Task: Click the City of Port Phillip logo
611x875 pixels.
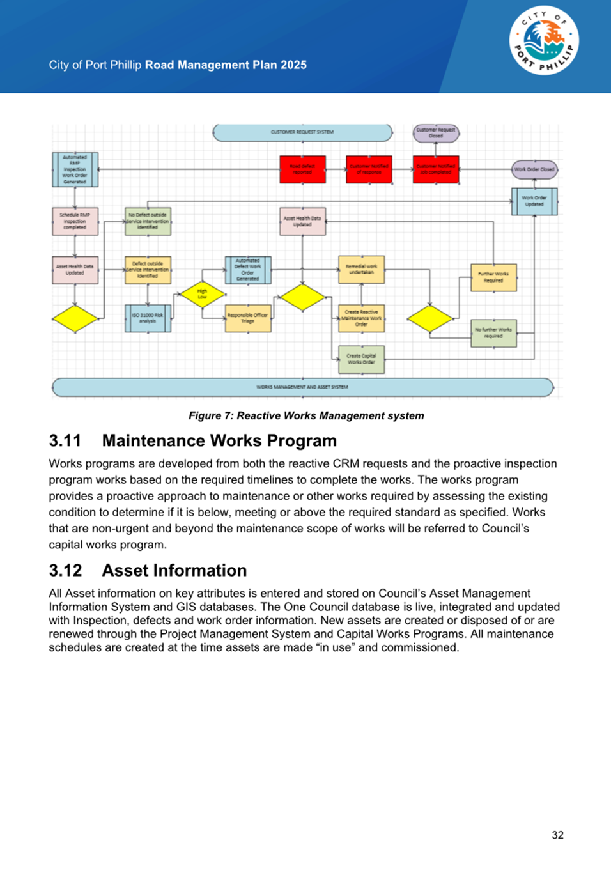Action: tap(544, 42)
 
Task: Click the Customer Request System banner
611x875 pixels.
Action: tap(302, 132)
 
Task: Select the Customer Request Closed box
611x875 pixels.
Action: tap(436, 133)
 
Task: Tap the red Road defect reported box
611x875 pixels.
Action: tap(303, 169)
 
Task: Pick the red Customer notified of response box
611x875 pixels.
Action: tap(369, 169)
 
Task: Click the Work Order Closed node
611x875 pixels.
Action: tap(534, 169)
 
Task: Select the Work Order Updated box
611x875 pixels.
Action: tap(534, 201)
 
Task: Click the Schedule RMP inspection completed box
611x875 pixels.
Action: tap(75, 221)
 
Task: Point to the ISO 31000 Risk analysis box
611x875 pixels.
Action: tap(148, 318)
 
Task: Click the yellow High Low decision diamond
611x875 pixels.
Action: tap(202, 295)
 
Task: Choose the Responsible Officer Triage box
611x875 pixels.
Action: tap(248, 318)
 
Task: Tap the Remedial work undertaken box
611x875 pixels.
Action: tap(361, 269)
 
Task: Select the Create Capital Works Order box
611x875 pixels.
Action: tap(361, 359)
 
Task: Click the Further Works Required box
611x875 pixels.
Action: tap(493, 277)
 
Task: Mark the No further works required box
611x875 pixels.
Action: tap(493, 333)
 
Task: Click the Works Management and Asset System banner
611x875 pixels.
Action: tap(302, 387)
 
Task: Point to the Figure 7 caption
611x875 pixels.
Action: tap(306, 415)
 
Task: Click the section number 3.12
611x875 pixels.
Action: tap(65, 570)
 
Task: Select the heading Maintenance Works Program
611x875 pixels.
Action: tap(219, 440)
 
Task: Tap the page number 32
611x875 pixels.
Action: tap(557, 835)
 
